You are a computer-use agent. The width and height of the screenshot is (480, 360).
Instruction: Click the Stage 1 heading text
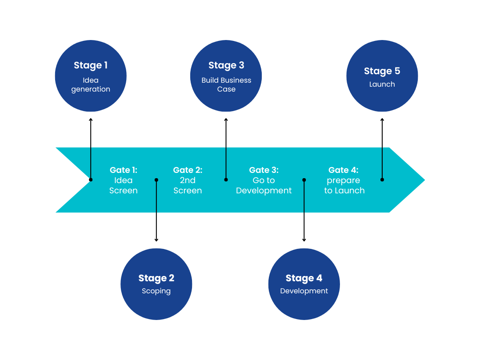[91, 65]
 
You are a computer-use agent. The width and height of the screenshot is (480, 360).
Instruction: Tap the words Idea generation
[91, 85]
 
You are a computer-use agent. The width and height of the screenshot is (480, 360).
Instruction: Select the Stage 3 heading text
[226, 65]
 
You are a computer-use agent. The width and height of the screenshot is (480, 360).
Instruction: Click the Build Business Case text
[226, 85]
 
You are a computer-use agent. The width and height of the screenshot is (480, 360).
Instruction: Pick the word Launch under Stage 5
[382, 84]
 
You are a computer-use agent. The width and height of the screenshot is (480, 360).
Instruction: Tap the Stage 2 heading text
[156, 278]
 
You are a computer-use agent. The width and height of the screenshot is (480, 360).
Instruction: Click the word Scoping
[156, 291]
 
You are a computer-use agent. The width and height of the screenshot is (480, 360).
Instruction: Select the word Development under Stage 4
[304, 291]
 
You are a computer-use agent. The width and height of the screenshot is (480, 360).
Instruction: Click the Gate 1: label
[124, 170]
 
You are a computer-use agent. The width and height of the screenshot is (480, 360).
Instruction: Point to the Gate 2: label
[188, 170]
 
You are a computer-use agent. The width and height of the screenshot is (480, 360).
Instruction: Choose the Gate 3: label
[264, 170]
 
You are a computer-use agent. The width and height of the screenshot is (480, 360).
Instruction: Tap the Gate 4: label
[343, 170]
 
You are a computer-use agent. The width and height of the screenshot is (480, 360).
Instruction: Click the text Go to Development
[264, 186]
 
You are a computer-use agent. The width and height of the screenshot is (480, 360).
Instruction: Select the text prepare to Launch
[344, 186]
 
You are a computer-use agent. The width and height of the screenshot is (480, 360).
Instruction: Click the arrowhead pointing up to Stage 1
[91, 120]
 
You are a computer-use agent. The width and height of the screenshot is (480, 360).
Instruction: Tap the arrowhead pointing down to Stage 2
[156, 240]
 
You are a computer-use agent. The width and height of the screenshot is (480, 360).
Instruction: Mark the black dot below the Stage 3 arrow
[226, 180]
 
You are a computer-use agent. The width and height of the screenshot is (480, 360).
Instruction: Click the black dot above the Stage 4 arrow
[304, 180]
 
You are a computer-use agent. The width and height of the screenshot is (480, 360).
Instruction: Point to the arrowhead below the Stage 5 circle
[382, 120]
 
